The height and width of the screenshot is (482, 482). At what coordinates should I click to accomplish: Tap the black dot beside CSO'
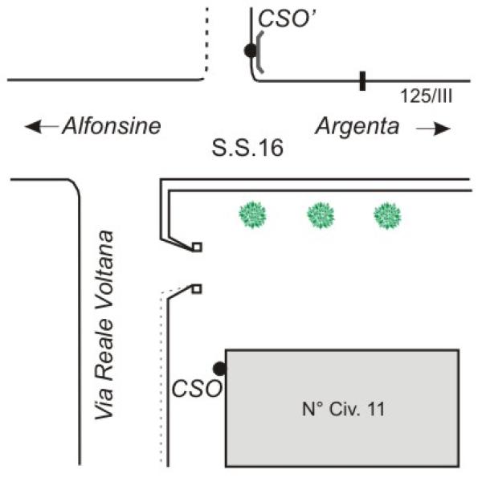click(x=251, y=51)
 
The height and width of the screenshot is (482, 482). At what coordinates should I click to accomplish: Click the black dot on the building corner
click(x=219, y=368)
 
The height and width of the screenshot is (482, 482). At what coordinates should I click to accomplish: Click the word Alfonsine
click(x=112, y=126)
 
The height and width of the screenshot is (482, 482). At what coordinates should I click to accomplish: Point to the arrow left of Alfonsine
click(x=41, y=127)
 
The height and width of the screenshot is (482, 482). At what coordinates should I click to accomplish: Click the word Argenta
click(x=358, y=126)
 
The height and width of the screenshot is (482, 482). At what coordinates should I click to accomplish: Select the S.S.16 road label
click(x=247, y=149)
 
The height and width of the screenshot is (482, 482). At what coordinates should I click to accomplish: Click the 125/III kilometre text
click(x=427, y=97)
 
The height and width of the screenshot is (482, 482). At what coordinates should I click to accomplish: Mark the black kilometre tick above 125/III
click(x=363, y=80)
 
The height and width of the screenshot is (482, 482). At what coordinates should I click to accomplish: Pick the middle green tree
click(x=323, y=214)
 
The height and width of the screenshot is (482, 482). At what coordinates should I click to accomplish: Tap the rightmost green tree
click(x=387, y=214)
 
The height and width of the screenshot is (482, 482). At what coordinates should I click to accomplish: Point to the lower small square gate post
click(x=197, y=288)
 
